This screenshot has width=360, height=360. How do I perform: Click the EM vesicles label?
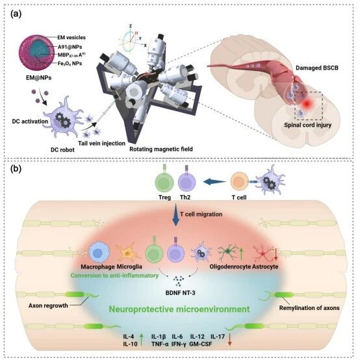(x=71, y=38)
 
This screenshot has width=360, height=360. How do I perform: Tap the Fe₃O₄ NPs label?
(x=70, y=64)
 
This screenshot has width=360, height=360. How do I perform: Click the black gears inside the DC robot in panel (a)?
(x=62, y=120)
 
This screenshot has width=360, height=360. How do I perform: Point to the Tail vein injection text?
(x=101, y=144)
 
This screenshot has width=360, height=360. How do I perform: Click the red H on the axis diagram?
(x=136, y=33)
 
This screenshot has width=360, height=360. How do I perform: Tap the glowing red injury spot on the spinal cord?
(x=307, y=104)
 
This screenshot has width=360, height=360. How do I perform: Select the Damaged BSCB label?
(x=317, y=68)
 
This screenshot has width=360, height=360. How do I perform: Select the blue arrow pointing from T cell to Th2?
(x=214, y=182)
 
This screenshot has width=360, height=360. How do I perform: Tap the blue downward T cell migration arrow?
(x=176, y=214)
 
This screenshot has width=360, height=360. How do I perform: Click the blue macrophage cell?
(x=99, y=253)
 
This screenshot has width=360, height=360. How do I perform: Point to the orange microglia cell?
(x=128, y=253)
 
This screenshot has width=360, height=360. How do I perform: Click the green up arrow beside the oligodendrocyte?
(x=241, y=253)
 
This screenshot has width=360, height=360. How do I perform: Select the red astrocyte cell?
(x=264, y=253)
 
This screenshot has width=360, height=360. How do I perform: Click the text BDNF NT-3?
(x=180, y=293)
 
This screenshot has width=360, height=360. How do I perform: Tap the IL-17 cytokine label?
(x=218, y=337)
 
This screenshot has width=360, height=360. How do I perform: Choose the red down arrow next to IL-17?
(x=229, y=340)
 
